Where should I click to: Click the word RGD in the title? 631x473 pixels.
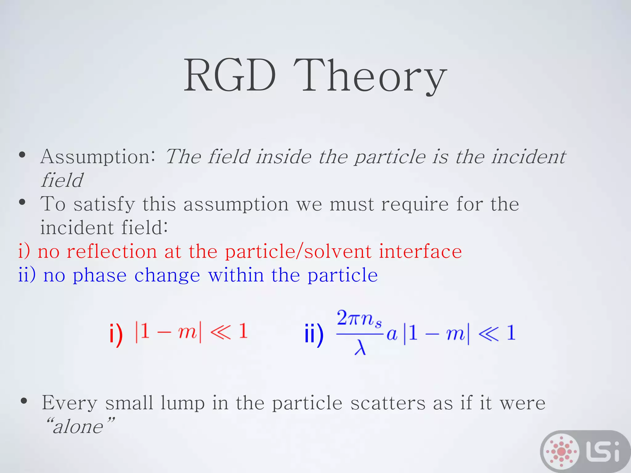[x=230, y=75]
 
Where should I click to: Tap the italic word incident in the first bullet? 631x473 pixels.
[x=528, y=156]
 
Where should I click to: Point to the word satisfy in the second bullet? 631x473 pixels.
[x=104, y=204]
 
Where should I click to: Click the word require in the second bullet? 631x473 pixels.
[x=415, y=204]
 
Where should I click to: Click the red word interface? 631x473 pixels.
[x=420, y=251]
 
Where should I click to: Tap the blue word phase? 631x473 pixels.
[x=100, y=275]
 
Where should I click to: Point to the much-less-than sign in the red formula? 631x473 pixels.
[x=221, y=332]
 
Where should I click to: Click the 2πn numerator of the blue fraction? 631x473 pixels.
[x=359, y=318]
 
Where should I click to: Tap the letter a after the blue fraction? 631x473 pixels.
[x=392, y=334]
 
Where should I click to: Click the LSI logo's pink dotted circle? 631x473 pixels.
[x=561, y=451]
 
